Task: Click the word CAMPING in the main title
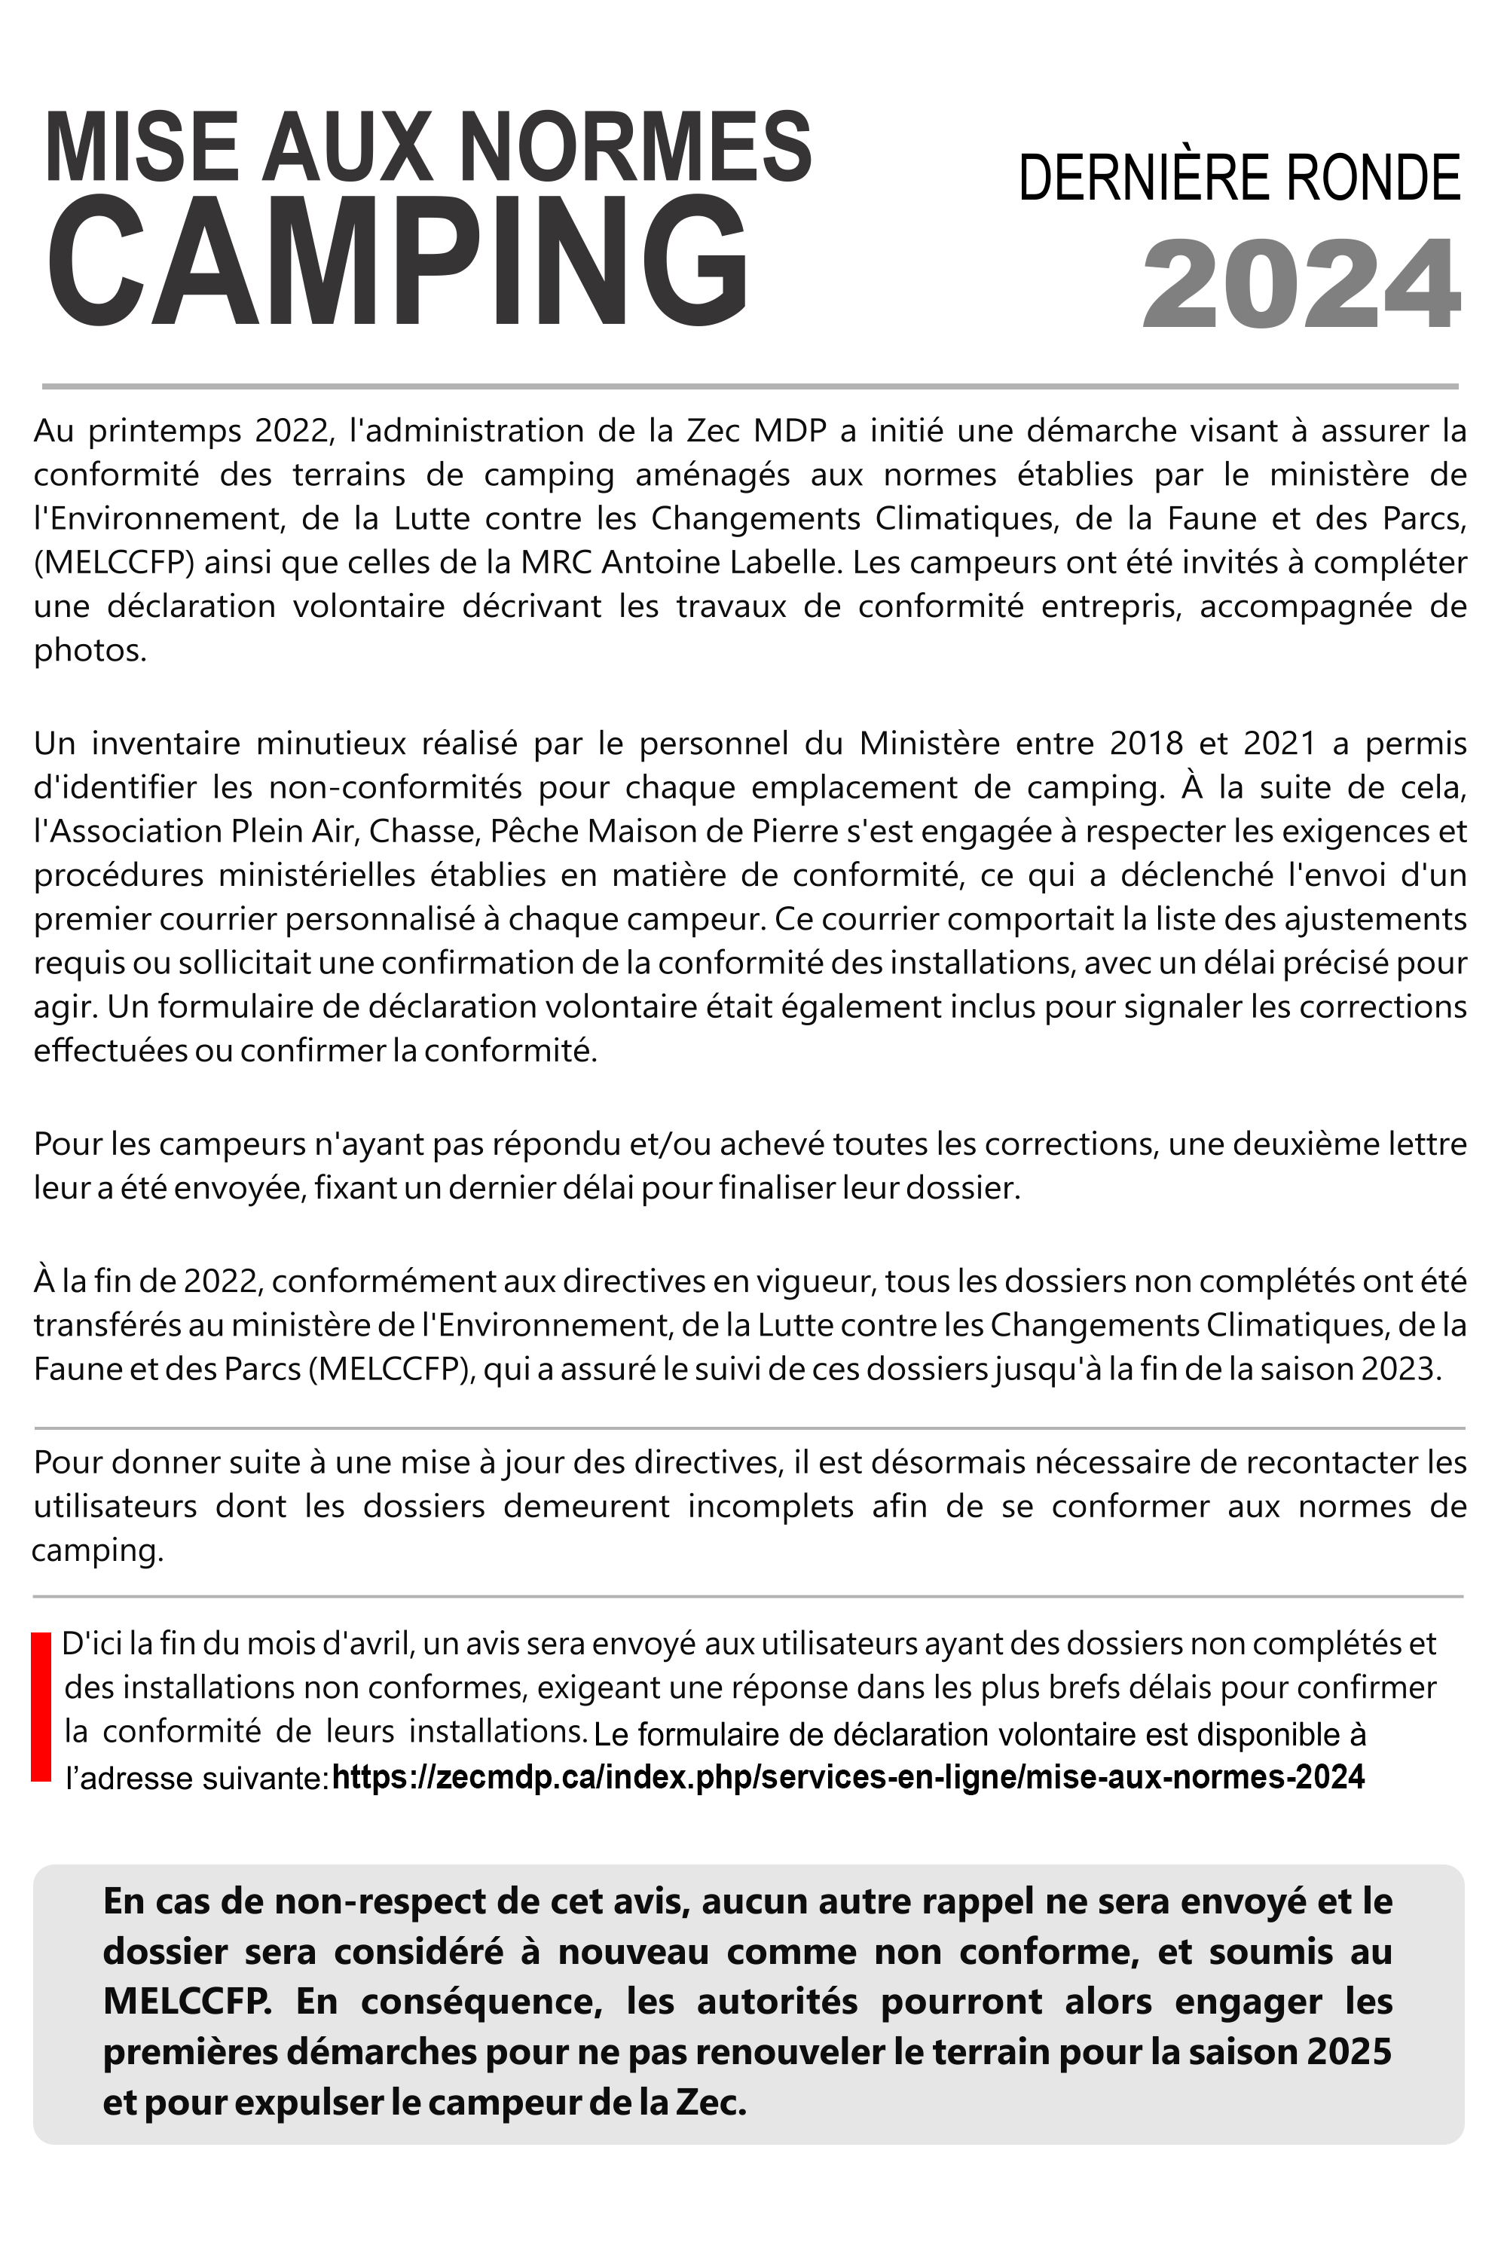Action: (396, 261)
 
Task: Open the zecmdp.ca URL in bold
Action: (847, 1776)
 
